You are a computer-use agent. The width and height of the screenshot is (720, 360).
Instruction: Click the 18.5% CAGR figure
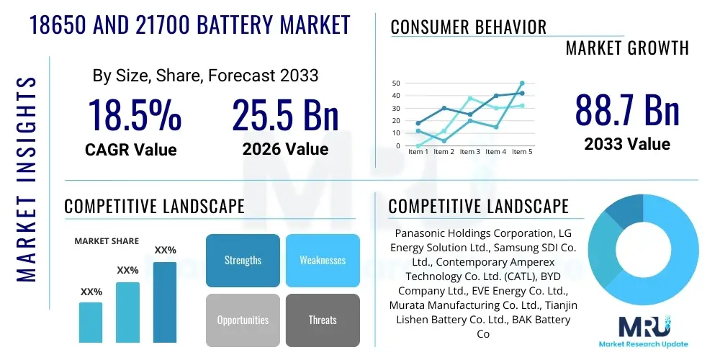135,115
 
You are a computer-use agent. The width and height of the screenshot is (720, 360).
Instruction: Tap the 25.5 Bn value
285,115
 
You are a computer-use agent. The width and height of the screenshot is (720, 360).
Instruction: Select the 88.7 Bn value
627,110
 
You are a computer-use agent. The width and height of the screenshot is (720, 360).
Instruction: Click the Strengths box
243,260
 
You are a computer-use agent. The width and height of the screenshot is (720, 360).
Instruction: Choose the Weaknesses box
323,260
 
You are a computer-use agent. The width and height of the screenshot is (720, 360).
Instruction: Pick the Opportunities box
243,320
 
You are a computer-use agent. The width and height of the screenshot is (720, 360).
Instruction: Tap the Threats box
323,320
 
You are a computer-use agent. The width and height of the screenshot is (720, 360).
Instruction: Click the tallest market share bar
165,302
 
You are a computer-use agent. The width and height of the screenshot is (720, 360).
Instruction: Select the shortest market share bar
91,322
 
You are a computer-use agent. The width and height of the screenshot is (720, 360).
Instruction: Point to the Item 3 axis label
469,152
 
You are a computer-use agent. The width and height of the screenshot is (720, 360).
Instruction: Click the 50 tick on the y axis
395,84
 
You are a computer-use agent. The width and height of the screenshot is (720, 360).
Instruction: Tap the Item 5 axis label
521,152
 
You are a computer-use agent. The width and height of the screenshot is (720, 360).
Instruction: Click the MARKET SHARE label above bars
107,241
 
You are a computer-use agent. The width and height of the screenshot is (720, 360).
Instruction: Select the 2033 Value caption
627,144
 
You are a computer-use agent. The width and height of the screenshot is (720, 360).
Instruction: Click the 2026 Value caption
285,149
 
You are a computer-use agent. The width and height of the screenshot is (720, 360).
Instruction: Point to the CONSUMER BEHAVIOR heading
468,27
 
